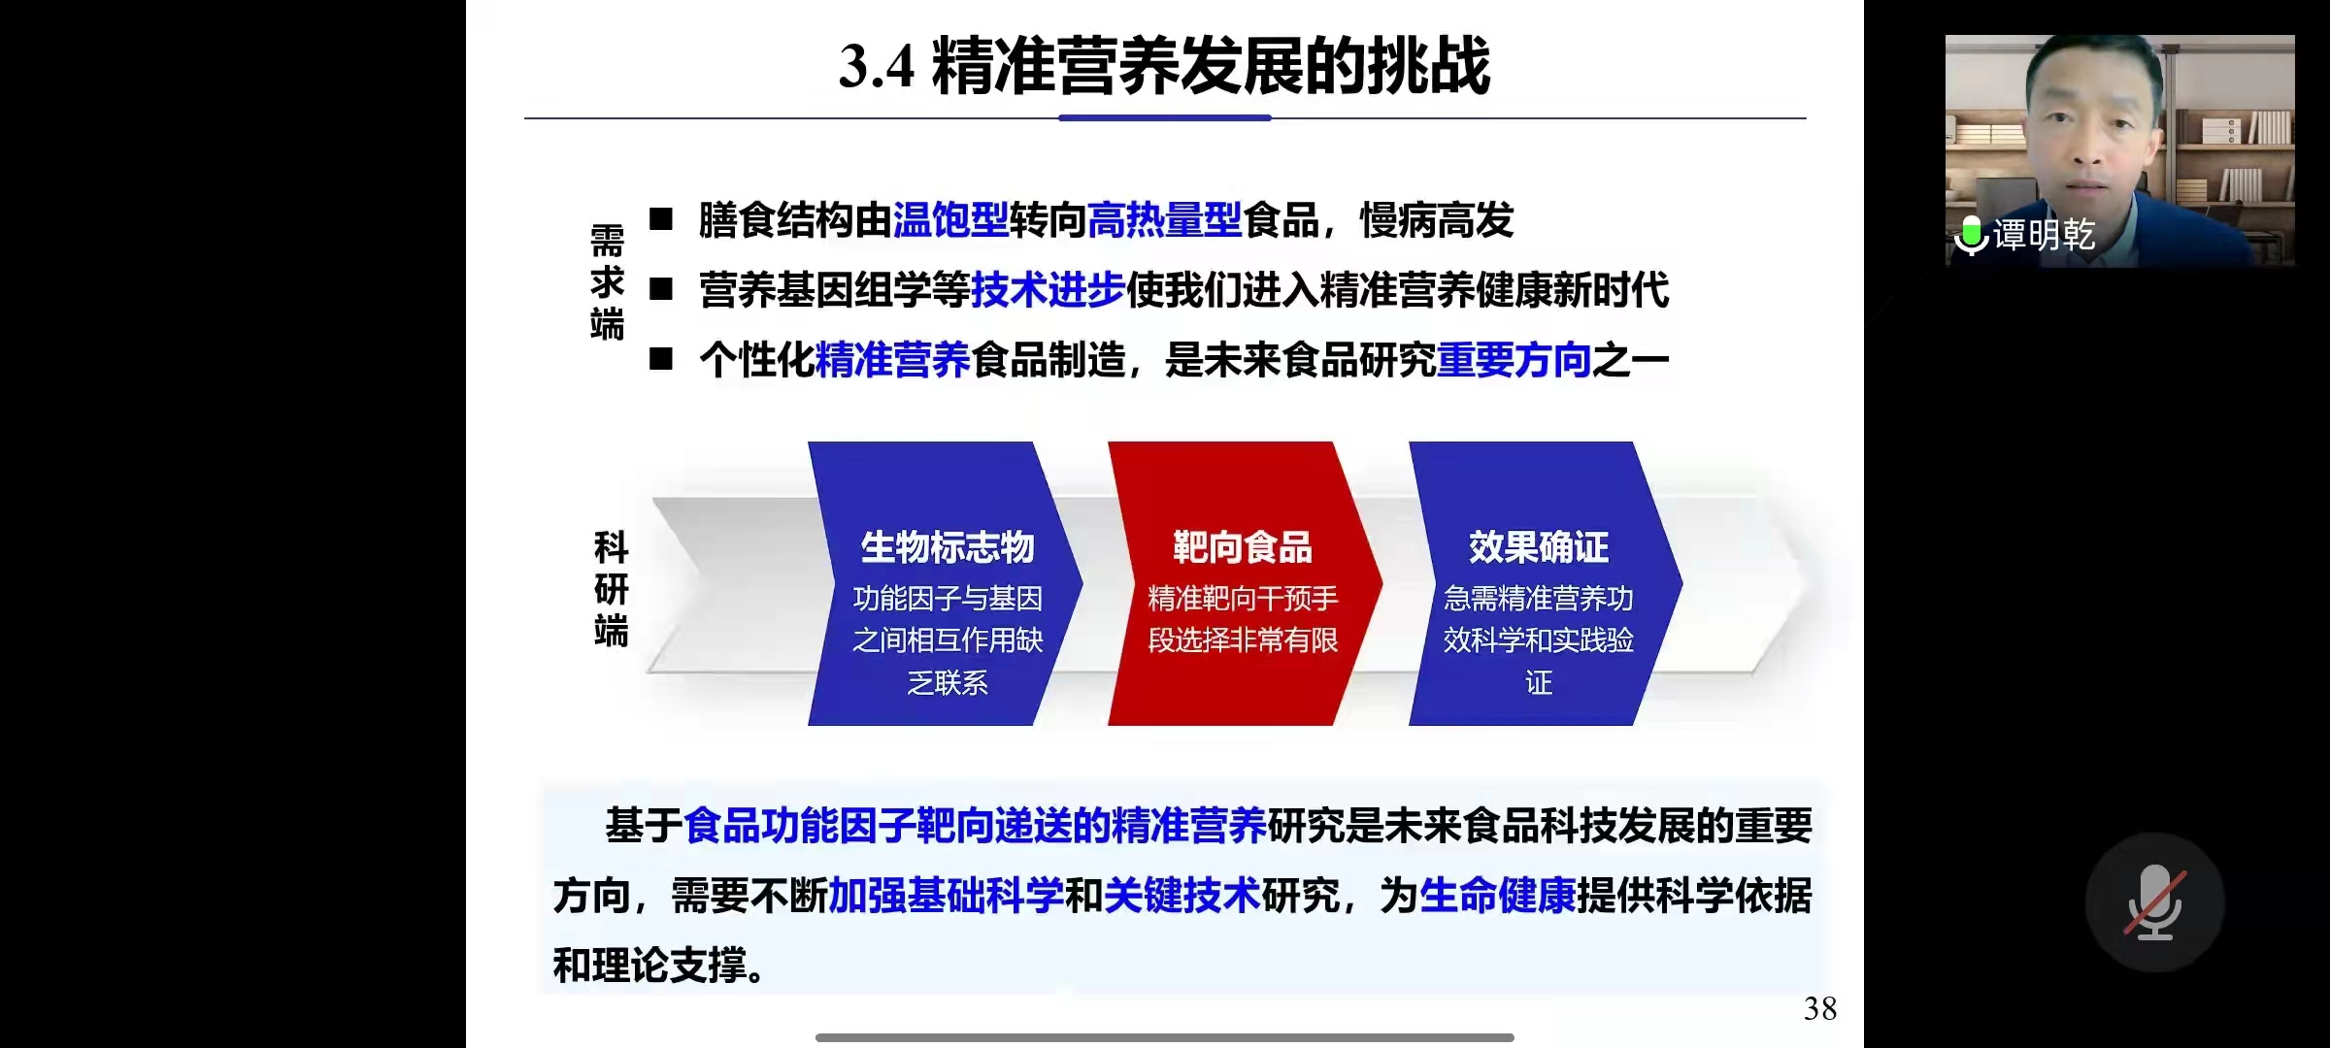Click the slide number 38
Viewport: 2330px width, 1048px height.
pos(1820,1009)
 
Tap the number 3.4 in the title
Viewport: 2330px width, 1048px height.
pos(877,66)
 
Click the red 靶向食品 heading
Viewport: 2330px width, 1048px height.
pos(1243,547)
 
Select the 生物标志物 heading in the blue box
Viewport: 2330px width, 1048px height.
pos(948,547)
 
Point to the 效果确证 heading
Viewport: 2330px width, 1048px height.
pos(1539,547)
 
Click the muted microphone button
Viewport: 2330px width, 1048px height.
pos(2155,902)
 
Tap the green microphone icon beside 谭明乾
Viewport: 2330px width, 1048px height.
pos(1971,235)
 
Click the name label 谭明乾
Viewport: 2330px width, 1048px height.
pos(2045,235)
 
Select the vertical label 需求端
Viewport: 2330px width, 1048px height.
pos(608,282)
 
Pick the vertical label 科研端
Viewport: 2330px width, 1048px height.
pos(612,589)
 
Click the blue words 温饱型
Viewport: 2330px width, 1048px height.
pos(950,220)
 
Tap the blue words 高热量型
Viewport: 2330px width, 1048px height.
pos(1165,220)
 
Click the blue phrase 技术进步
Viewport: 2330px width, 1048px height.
pos(1048,290)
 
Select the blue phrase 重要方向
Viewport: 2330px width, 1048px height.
pos(1514,360)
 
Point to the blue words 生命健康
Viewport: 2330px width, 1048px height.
pos(1498,896)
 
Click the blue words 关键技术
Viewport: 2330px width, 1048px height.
pos(1182,896)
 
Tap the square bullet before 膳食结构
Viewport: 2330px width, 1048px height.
pos(661,219)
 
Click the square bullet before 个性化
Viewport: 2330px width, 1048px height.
pos(661,359)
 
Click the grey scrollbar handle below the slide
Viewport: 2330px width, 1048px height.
pos(1165,1037)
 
